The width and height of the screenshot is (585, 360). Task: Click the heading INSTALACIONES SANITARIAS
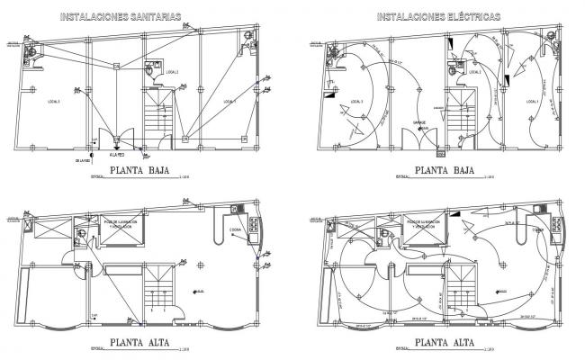119,16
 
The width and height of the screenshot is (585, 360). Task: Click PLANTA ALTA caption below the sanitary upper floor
144,342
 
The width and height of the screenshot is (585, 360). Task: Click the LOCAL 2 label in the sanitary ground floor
171,72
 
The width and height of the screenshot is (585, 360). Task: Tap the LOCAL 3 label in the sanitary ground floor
53,102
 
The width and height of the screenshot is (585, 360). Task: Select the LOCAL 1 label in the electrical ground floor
532,102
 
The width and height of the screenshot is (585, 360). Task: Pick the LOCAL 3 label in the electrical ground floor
356,102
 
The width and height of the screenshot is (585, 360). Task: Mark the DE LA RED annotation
83,161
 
